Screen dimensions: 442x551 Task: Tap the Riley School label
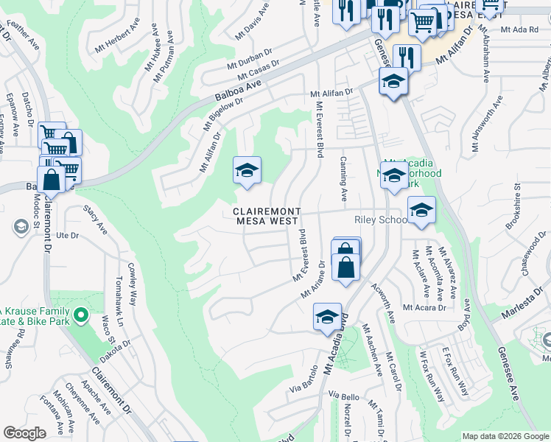click(380, 220)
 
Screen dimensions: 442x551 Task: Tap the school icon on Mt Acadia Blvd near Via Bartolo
click(328, 317)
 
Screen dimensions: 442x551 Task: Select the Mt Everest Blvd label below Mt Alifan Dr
click(320, 129)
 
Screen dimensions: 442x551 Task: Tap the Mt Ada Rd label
click(519, 29)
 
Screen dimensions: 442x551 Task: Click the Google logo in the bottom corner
click(24, 433)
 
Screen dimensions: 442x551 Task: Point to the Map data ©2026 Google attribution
click(505, 436)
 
